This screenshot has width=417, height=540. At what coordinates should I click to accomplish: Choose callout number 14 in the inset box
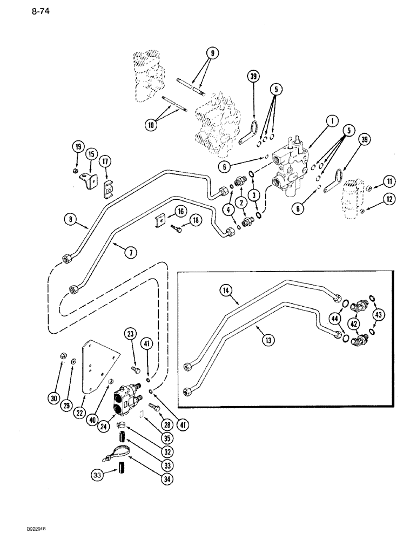tap(226, 291)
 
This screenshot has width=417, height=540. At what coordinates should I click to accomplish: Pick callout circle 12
tap(391, 200)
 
